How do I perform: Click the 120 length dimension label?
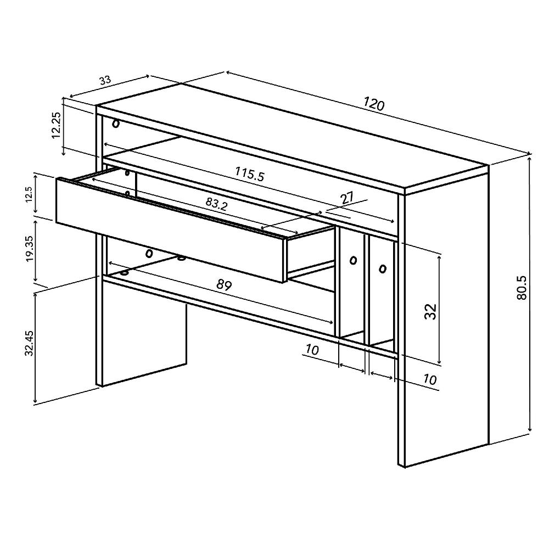[x=373, y=103]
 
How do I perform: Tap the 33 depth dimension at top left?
[x=105, y=80]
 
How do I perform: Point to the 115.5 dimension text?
[x=250, y=174]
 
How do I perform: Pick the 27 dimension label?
[x=348, y=199]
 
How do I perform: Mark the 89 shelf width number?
[x=224, y=285]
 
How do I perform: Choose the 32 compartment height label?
[x=430, y=311]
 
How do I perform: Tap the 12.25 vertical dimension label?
[x=55, y=126]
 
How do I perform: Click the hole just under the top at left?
[x=116, y=123]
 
